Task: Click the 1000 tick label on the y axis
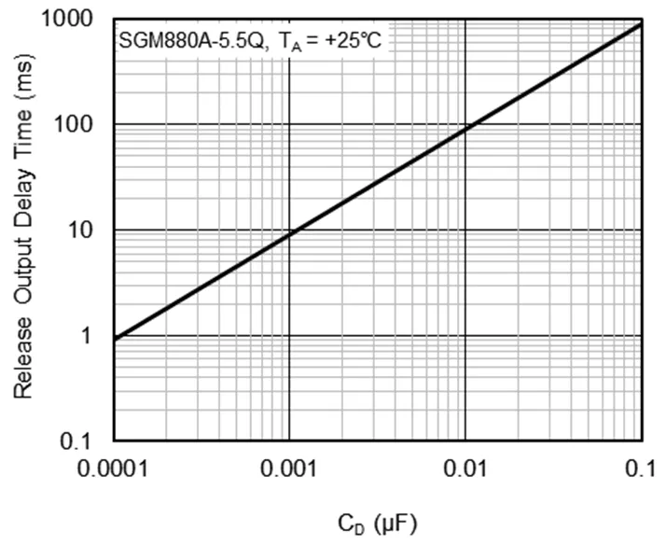78,20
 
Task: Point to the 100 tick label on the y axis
84,124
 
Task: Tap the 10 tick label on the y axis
90,231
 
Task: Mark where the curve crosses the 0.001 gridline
289,232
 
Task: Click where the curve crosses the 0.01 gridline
464,127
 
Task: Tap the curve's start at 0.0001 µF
115,338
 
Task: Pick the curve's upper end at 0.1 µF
640,22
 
